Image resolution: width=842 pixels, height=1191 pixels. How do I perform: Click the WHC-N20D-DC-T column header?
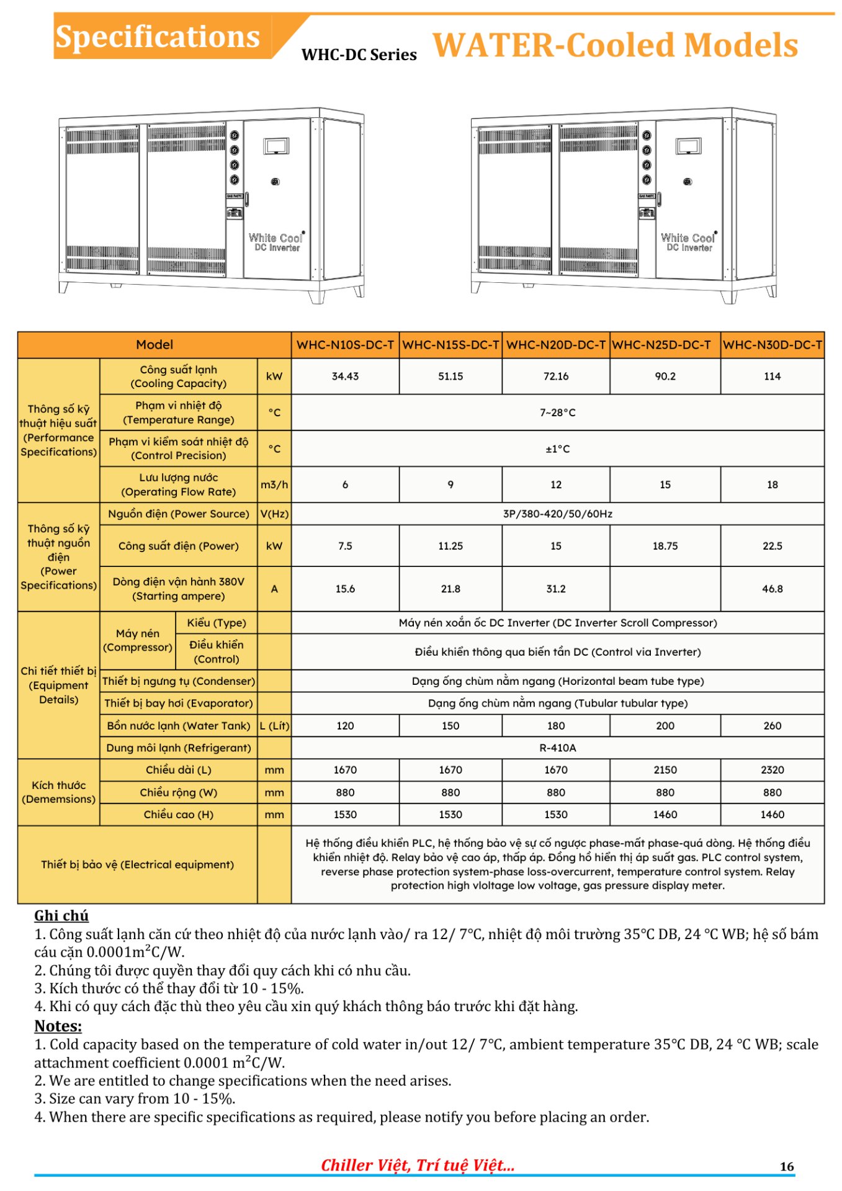555,345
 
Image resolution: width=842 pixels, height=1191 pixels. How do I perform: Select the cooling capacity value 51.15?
450,377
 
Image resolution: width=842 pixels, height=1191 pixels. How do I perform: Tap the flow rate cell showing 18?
772,484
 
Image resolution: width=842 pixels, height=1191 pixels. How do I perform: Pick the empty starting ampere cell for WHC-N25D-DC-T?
665,589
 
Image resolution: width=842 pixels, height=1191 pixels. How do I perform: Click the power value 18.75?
665,546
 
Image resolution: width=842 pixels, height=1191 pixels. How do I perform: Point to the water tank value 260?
772,726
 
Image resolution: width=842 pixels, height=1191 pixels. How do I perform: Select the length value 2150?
665,770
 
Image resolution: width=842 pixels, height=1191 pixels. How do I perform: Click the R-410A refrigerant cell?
557,748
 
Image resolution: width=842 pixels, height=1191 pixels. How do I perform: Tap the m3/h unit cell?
274,484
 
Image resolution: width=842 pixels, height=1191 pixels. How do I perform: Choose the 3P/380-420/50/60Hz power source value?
557,514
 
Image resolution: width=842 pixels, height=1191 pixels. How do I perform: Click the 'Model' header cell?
155,345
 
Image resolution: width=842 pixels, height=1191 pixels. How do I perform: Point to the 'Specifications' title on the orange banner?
158,37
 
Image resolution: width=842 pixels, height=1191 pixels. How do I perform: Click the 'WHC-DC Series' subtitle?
359,55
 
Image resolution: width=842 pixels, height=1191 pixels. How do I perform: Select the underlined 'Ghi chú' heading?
61,916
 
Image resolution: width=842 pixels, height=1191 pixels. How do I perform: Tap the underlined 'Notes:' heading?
58,1026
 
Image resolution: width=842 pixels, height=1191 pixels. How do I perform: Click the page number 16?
787,1167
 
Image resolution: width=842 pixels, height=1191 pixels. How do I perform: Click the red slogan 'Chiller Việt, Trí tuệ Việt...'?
418,1166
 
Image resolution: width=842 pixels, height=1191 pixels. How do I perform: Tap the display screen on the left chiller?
276,146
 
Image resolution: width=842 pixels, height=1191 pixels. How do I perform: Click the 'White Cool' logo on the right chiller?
688,238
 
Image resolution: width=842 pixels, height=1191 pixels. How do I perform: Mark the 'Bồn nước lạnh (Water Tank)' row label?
179,726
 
